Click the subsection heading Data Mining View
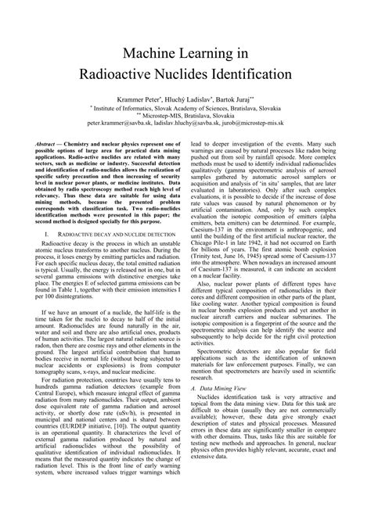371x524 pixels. coord(223,431)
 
